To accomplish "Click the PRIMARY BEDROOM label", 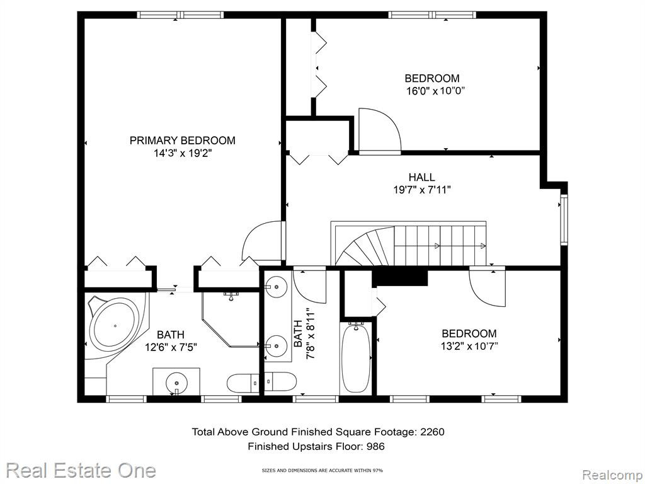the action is tap(182, 141).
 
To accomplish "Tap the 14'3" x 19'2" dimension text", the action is tap(183, 154).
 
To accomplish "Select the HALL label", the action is tap(421, 177).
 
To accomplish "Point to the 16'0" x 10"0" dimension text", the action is tap(436, 91).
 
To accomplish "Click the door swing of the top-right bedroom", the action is tap(379, 131).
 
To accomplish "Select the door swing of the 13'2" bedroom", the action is tap(487, 287).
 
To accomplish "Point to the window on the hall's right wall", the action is tap(564, 220).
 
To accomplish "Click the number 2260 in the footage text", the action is tap(432, 432).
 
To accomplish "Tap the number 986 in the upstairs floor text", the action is tap(375, 446).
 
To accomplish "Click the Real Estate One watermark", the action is tap(81, 470).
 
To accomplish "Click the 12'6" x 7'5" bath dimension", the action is tap(171, 347).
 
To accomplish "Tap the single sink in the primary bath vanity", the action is tap(177, 383).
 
